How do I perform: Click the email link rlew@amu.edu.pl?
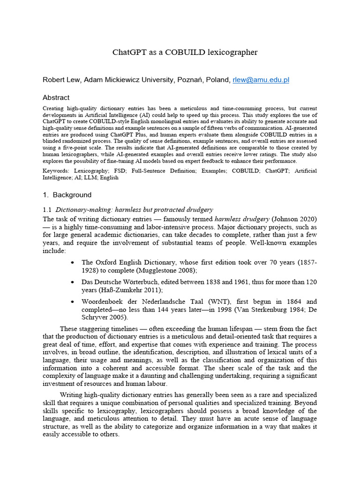point(261,80)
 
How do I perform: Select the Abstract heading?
point(56,97)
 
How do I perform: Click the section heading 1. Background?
point(67,195)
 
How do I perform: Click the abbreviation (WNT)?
point(217,301)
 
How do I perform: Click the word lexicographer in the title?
point(232,52)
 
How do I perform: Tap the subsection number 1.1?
point(47,209)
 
